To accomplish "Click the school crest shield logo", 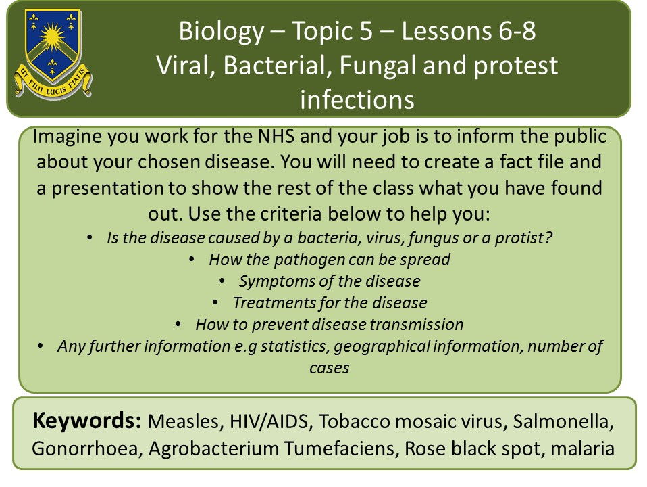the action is (x=53, y=53).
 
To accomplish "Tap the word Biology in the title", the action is (x=222, y=31).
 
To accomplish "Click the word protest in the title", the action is (x=515, y=66).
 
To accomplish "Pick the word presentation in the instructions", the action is (x=107, y=189).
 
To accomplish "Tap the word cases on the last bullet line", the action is (x=330, y=368).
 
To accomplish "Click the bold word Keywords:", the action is (x=87, y=421).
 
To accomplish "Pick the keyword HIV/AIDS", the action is (x=269, y=422).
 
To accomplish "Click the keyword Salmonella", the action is (x=563, y=421).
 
